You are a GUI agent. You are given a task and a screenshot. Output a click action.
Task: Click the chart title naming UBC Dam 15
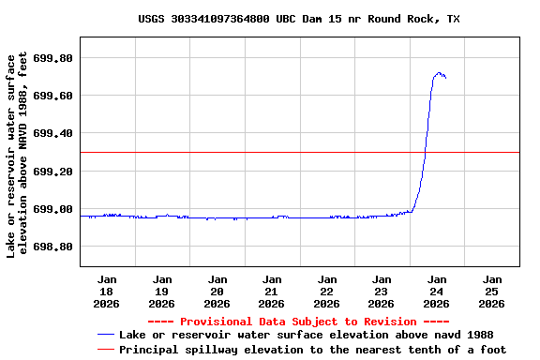point(298,19)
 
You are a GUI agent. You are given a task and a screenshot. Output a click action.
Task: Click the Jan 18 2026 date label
point(107,291)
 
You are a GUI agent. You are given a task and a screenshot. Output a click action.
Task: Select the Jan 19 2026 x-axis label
point(162,291)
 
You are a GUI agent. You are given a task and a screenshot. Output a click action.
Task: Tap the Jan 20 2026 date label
point(217,291)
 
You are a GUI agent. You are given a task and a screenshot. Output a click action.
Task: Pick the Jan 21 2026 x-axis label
point(272,291)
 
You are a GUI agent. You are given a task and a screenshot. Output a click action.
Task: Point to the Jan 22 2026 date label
point(326,291)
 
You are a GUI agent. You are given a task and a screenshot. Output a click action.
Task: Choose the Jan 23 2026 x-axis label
point(382,291)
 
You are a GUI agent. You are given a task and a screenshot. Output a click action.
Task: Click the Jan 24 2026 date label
point(436,291)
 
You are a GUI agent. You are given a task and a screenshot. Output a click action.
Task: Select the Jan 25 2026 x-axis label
point(491,291)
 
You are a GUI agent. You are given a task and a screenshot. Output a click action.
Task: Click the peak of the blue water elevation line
point(438,73)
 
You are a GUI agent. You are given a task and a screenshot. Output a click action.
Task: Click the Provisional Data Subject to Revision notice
point(298,322)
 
